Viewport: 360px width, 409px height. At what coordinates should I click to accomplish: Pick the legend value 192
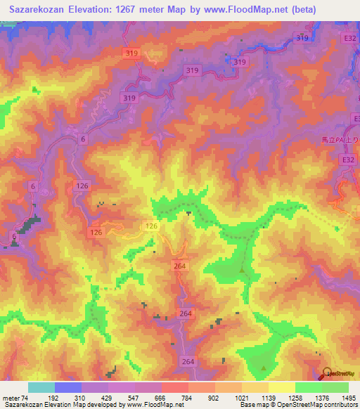point(55,398)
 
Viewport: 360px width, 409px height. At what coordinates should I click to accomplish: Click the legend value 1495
point(347,398)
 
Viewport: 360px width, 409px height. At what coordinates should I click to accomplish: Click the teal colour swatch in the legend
point(41,387)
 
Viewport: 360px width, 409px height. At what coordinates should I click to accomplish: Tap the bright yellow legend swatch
point(282,387)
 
